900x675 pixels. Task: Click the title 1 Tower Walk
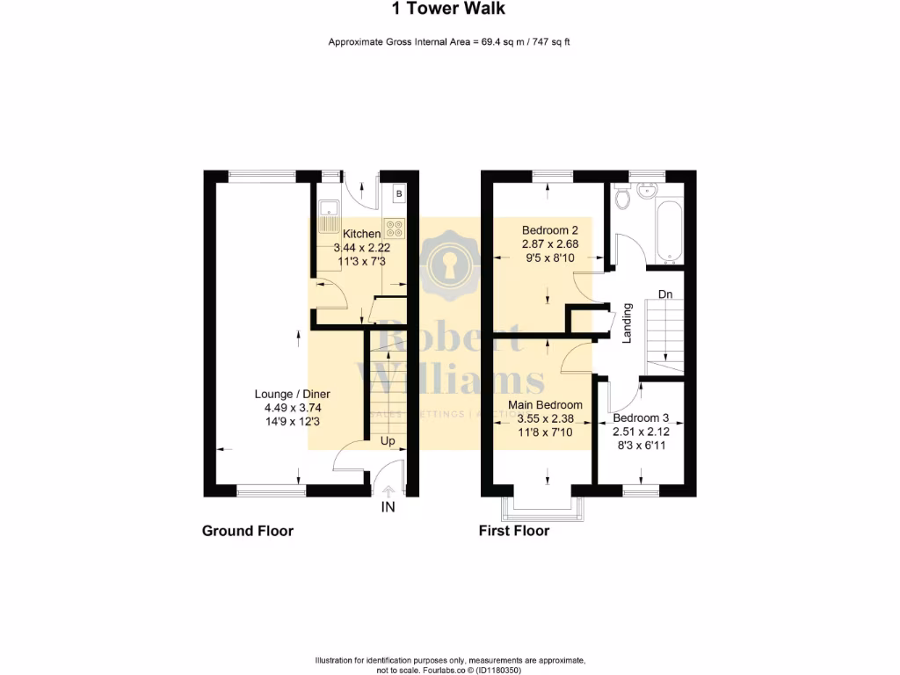click(448, 10)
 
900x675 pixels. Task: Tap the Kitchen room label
click(361, 234)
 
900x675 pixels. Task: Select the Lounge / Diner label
click(292, 394)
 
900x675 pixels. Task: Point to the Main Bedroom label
click(545, 405)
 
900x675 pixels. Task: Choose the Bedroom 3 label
click(641, 418)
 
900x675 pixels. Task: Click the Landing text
click(627, 323)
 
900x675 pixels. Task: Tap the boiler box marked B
click(398, 193)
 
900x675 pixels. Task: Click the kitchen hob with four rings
click(394, 228)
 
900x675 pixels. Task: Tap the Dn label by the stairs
click(666, 294)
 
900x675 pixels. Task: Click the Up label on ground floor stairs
click(387, 440)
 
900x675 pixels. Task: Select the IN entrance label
click(388, 508)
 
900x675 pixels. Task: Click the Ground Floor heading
click(248, 531)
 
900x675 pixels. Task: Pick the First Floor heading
click(514, 531)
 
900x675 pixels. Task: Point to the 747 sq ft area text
click(551, 42)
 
